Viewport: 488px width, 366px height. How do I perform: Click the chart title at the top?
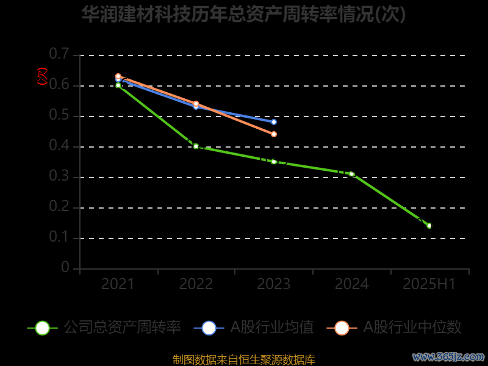click(243, 14)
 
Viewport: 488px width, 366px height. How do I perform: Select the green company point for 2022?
click(196, 146)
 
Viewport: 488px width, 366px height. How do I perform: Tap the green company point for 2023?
click(274, 162)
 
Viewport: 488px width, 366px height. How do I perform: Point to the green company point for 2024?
click(352, 174)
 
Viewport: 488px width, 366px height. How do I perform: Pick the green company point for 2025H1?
click(429, 226)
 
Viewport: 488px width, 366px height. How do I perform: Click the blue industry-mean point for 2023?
click(274, 122)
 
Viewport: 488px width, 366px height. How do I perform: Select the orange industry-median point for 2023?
click(274, 134)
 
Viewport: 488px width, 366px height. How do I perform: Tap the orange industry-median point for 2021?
click(118, 76)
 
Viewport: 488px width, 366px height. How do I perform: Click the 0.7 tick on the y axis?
click(59, 54)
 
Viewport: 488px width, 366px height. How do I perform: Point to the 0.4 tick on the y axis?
click(59, 146)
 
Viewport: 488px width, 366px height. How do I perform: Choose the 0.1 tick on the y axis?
click(59, 237)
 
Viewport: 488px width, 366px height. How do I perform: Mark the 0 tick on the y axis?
click(65, 268)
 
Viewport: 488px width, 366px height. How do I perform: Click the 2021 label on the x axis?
click(118, 284)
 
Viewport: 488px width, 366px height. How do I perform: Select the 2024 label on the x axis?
click(352, 284)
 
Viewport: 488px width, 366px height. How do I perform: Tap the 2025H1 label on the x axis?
click(429, 284)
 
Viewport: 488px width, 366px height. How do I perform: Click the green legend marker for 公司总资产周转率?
click(43, 328)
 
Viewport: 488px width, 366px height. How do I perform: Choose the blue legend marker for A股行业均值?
click(209, 328)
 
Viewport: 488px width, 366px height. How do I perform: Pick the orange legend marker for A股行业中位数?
click(342, 328)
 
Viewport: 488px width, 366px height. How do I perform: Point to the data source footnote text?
click(243, 359)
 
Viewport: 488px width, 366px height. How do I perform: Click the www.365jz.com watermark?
click(448, 356)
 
